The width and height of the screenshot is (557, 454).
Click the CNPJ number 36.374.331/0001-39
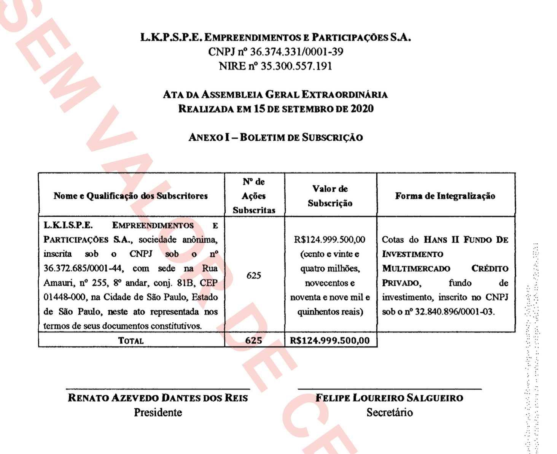click(296, 52)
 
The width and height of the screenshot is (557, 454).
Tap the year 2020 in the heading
click(362, 109)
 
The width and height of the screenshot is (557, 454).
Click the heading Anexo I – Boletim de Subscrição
click(275, 137)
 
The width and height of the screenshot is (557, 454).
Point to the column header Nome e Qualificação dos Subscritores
click(130, 196)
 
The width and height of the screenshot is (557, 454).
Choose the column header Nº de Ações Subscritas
click(254, 196)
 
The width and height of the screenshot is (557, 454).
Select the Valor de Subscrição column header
click(330, 196)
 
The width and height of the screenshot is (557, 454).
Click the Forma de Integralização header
click(445, 196)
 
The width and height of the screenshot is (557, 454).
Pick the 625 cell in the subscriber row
click(254, 275)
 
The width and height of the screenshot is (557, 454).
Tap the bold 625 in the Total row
click(254, 340)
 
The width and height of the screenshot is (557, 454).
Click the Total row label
click(131, 341)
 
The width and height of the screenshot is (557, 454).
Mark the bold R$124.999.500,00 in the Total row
click(329, 340)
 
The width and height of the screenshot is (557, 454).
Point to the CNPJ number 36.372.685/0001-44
click(83, 268)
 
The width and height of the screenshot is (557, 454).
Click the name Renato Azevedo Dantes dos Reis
click(158, 398)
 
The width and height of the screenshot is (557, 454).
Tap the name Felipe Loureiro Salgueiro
click(389, 398)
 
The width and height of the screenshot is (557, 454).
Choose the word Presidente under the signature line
click(158, 413)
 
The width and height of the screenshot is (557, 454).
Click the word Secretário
click(390, 413)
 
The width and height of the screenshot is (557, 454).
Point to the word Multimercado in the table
click(416, 268)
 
